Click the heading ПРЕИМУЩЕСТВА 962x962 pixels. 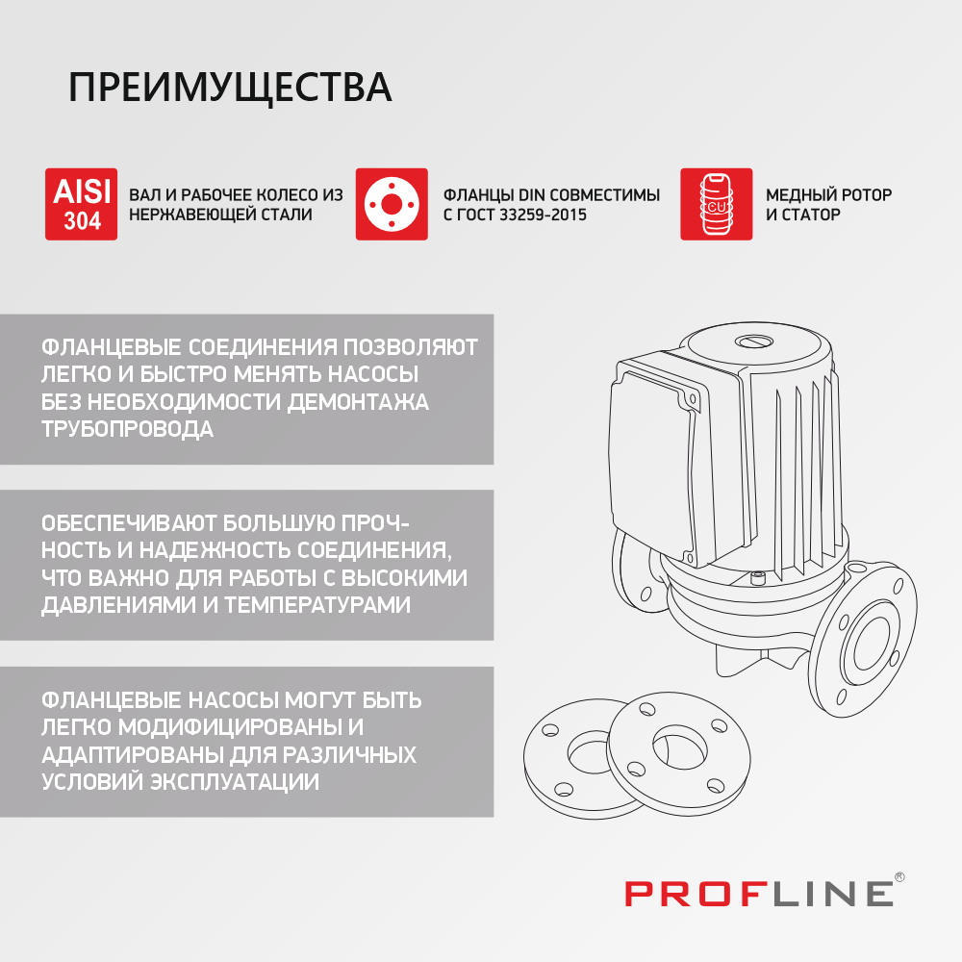pyautogui.click(x=230, y=88)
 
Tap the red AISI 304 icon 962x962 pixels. pyautogui.click(x=82, y=204)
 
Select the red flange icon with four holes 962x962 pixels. pyautogui.click(x=392, y=204)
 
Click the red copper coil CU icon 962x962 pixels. pyautogui.click(x=716, y=204)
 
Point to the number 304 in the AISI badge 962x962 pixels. pyautogui.click(x=82, y=221)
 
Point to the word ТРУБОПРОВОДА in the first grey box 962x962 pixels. pyautogui.click(x=127, y=429)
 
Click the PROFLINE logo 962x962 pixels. pyautogui.click(x=759, y=893)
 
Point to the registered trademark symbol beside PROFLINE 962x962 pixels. pyautogui.click(x=899, y=877)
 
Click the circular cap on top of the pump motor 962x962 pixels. pyautogui.click(x=753, y=342)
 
